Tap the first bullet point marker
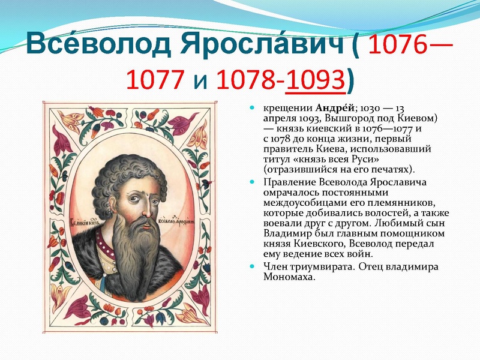pos(253,108)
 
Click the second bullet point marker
pos(253,182)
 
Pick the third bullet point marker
pos(253,266)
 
